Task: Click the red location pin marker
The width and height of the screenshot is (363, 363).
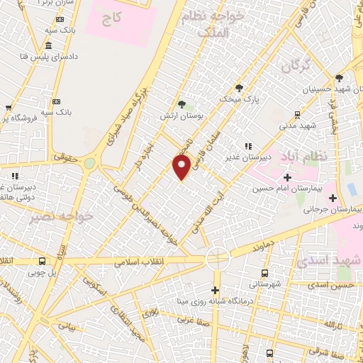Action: coord(182,167)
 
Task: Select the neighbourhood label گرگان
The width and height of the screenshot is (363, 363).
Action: coord(296,67)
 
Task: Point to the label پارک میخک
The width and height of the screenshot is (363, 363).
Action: coord(244,100)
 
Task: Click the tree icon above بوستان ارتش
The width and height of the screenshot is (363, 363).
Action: coord(189,104)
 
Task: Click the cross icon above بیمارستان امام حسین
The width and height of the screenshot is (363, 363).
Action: coord(286,177)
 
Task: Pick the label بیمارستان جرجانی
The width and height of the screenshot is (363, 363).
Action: coord(333,210)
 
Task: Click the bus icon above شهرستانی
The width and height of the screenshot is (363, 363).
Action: coord(264,273)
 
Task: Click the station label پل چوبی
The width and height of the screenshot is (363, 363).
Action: coord(42,272)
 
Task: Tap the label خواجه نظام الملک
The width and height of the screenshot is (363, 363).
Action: coord(216,23)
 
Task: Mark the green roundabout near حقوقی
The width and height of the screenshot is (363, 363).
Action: coord(89,163)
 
